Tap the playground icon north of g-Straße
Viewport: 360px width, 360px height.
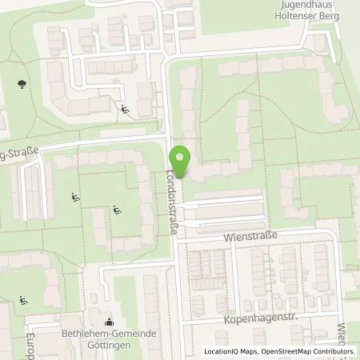[124, 110]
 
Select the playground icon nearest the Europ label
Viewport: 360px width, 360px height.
[22, 301]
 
